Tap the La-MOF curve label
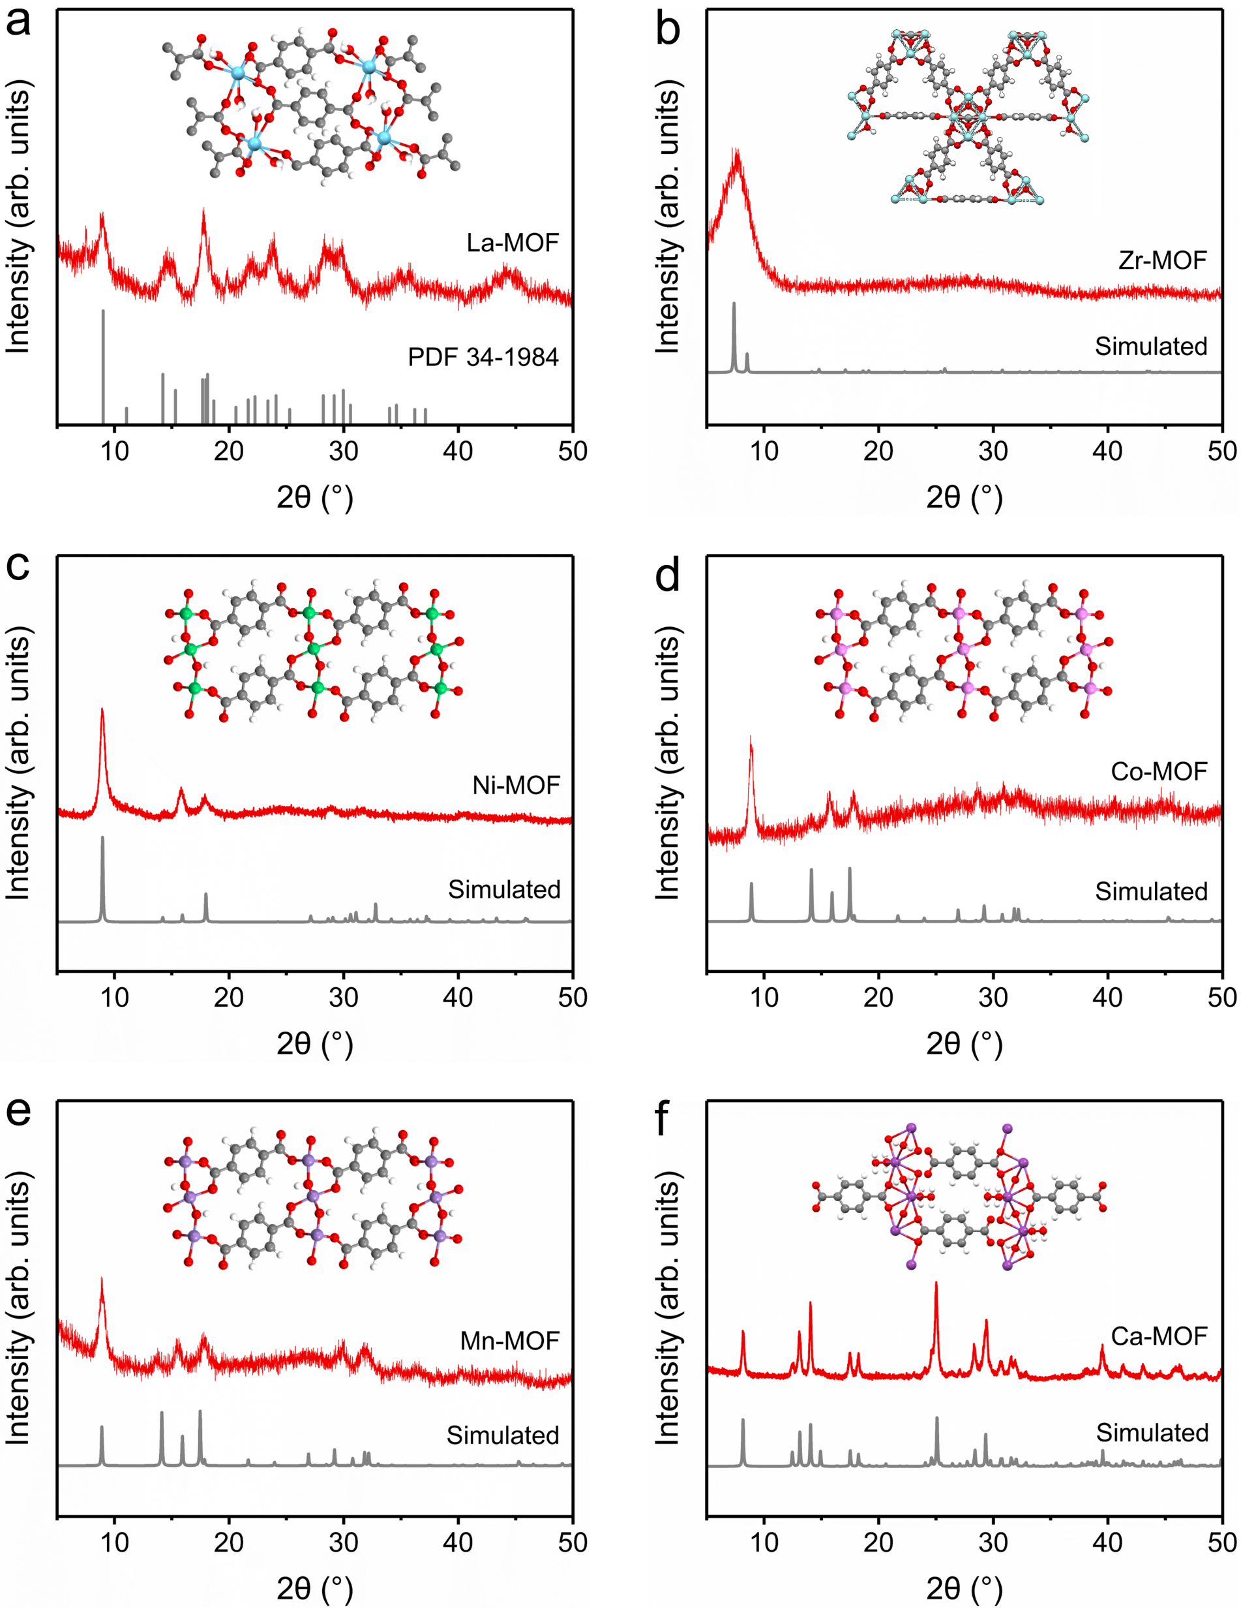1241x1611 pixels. point(513,243)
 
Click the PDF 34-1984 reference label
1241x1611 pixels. point(483,357)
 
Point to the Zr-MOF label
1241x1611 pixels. point(1162,260)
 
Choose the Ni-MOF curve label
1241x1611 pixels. point(516,786)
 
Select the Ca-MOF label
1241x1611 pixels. point(1158,1336)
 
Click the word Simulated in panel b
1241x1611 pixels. point(1150,346)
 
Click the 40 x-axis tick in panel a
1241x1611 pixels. point(458,451)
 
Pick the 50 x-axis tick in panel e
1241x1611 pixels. point(572,1542)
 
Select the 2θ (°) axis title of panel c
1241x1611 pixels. point(315,1044)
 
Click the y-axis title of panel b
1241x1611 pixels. point(666,217)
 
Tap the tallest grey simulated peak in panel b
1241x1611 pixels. point(734,335)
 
